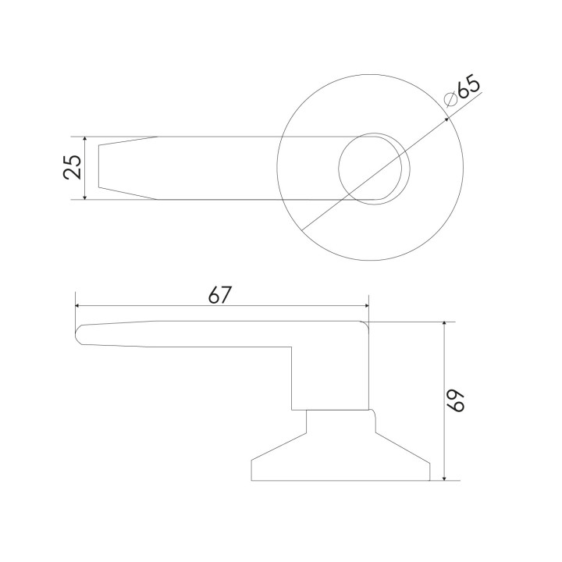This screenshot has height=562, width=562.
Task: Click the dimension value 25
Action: [x=73, y=167]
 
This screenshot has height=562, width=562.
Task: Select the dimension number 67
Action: [x=220, y=295]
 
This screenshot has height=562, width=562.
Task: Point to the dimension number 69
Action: [x=456, y=400]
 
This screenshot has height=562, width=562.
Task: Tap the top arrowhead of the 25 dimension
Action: [x=84, y=139]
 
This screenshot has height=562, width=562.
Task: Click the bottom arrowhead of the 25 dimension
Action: [x=84, y=197]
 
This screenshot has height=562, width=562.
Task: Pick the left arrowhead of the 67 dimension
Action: [x=78, y=306]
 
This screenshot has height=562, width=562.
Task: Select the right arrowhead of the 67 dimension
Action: [x=366, y=306]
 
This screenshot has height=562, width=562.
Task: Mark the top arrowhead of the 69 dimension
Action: [x=444, y=325]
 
